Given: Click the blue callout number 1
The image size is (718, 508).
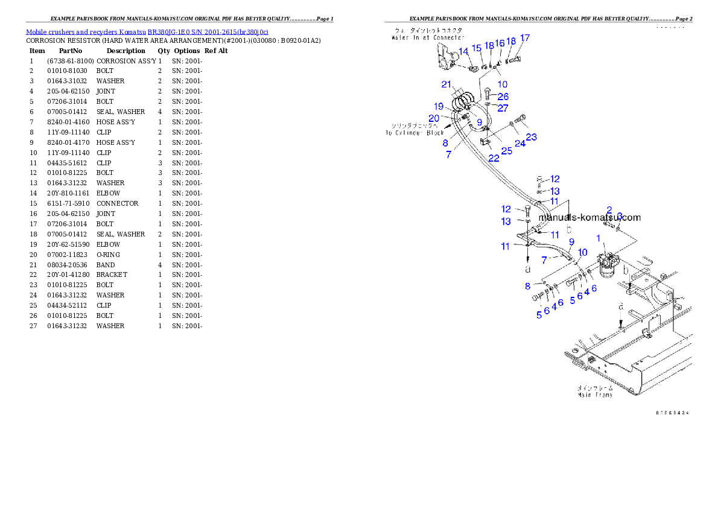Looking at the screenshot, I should (x=599, y=238).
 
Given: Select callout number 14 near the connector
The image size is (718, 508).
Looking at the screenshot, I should (x=463, y=52).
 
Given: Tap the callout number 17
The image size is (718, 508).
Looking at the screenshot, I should (x=524, y=38).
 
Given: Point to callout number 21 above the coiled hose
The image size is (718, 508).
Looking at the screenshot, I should (x=446, y=84).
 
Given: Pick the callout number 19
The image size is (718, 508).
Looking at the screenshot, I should (x=439, y=106).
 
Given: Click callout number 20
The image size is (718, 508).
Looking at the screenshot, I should (x=434, y=118).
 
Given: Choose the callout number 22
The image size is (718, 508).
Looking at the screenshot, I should (x=494, y=158).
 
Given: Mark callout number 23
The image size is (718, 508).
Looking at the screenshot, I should (x=531, y=137).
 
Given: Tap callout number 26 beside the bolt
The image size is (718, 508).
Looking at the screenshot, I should (x=503, y=97).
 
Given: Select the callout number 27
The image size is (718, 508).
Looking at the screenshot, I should (x=503, y=109).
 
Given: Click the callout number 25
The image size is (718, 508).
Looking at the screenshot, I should (x=507, y=151).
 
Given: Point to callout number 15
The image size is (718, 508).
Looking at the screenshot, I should (x=477, y=48).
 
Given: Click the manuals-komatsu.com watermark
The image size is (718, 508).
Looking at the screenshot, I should (x=589, y=218).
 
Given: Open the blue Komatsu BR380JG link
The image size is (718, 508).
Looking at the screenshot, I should (x=147, y=31).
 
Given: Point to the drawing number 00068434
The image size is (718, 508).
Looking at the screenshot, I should (x=672, y=413).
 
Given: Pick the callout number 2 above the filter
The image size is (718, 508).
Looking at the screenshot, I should (x=609, y=210).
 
